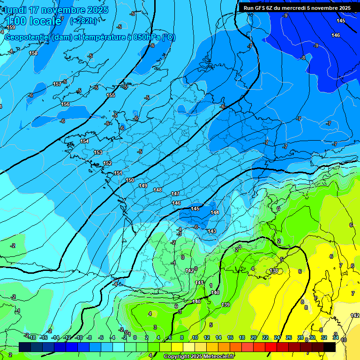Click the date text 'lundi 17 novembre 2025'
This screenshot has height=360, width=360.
point(56,10)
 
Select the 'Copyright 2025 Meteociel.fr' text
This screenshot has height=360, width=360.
point(199,357)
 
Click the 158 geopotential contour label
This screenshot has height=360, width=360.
point(33,53)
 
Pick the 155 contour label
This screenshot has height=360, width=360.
point(111,95)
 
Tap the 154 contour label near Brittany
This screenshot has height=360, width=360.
point(84,141)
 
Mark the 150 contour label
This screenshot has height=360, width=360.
point(130,180)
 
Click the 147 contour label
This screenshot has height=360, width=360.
point(175,194)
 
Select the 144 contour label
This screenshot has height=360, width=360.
point(214,212)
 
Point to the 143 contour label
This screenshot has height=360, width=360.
point(211,231)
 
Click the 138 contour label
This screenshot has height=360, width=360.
point(274,271)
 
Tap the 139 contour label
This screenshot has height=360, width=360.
point(225,305)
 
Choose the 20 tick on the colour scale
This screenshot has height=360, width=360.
point(254,337)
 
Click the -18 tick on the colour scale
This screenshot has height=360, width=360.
point(32,337)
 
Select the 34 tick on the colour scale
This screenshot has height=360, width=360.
point(336,337)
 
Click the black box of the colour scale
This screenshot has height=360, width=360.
point(330,347)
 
